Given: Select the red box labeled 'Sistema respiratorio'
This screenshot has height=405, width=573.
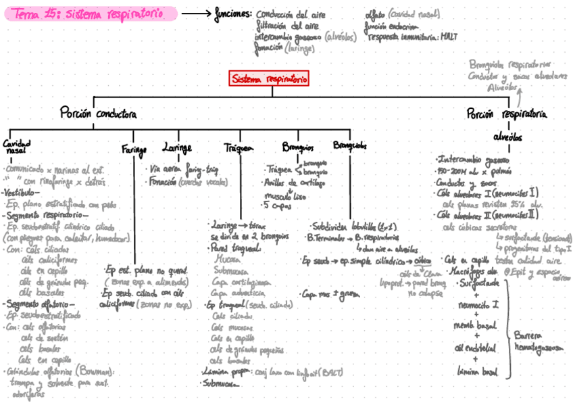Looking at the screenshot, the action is pyautogui.click(x=269, y=79).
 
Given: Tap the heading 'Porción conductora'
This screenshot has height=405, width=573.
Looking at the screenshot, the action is pyautogui.click(x=98, y=112).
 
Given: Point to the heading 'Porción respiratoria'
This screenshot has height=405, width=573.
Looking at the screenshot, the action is pyautogui.click(x=506, y=114).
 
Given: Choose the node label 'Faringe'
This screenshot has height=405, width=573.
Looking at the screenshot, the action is pyautogui.click(x=134, y=148).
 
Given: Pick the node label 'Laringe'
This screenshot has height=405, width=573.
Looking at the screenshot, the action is pyautogui.click(x=176, y=147).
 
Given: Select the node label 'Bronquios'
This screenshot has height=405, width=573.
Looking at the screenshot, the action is pyautogui.click(x=297, y=147).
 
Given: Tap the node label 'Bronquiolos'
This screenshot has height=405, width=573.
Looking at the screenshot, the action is pyautogui.click(x=349, y=145).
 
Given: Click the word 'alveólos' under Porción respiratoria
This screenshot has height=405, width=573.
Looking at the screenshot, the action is pyautogui.click(x=507, y=136).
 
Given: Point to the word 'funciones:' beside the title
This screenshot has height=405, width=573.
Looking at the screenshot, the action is pyautogui.click(x=233, y=14).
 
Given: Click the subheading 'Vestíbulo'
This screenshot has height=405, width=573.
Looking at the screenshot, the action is pyautogui.click(x=20, y=192).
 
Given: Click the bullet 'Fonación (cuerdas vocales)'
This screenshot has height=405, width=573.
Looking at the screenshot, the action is pyautogui.click(x=187, y=182).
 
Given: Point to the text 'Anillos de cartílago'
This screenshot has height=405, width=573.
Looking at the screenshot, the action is pyautogui.click(x=291, y=183).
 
